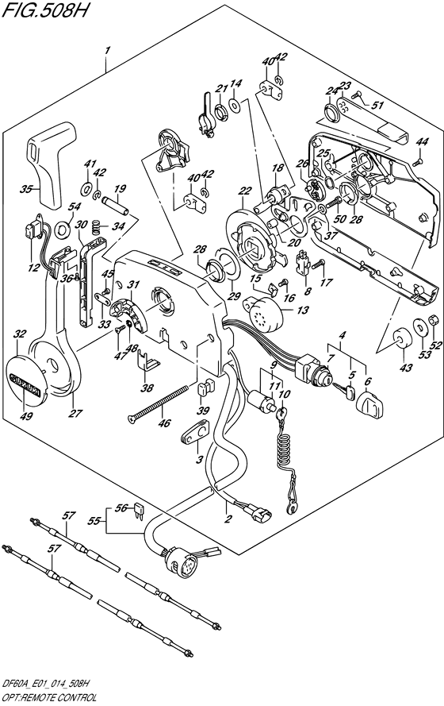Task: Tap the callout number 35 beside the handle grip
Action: tap(26, 189)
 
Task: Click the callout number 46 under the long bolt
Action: tap(165, 422)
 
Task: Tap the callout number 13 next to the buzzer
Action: tap(303, 310)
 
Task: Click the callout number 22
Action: tap(245, 191)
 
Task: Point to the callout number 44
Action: tap(422, 142)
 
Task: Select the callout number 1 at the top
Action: tap(106, 52)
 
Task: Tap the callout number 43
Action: tap(405, 368)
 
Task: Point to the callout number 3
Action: tap(199, 460)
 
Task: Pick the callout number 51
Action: tap(377, 106)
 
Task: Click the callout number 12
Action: tap(34, 268)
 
